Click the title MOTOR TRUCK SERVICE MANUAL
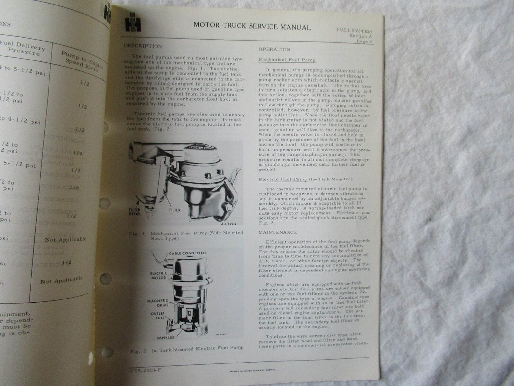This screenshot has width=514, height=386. tap(252, 27)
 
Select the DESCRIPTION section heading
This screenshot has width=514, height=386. tap(143, 46)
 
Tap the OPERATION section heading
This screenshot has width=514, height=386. tap(274, 49)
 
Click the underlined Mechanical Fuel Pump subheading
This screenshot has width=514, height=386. tap(287, 60)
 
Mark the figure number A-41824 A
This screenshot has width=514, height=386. tap(229, 224)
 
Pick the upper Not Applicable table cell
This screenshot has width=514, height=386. tap(66, 239)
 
